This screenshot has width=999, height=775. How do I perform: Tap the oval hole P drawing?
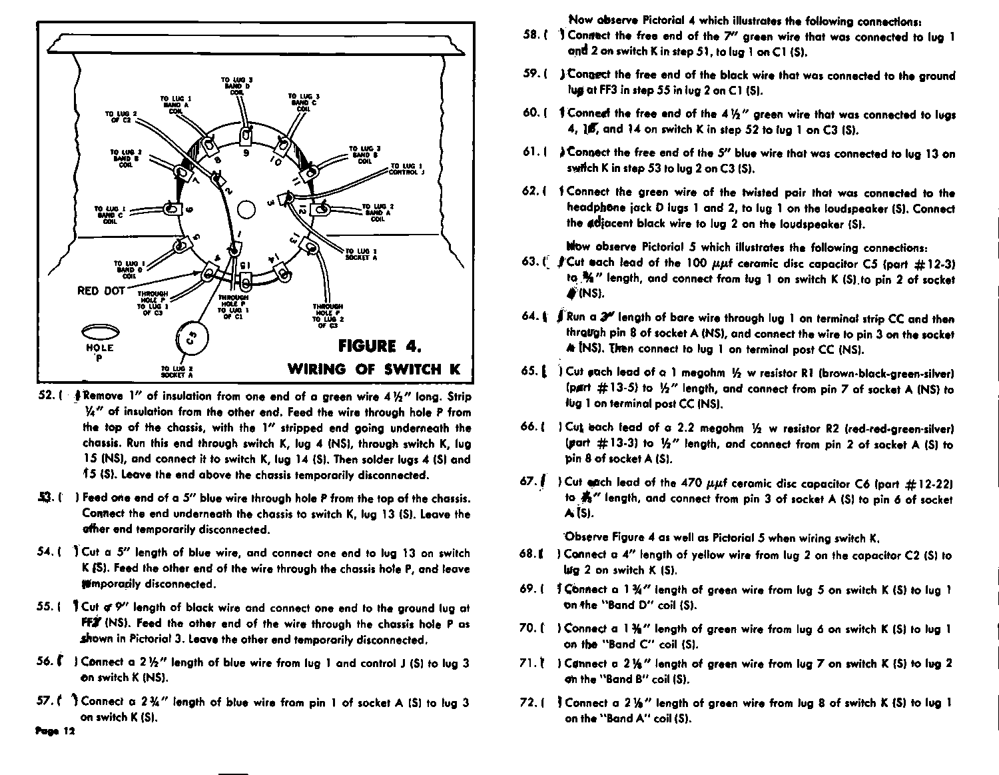coord(99,332)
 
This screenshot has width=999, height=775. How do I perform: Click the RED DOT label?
coord(101,291)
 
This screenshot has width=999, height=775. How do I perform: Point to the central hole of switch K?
coord(246,210)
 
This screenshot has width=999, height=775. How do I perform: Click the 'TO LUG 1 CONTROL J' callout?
coord(407,169)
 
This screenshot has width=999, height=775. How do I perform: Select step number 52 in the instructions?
coord(47,396)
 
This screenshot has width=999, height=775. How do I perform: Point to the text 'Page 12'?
coord(55,731)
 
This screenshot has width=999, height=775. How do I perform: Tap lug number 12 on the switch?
coord(303,209)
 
